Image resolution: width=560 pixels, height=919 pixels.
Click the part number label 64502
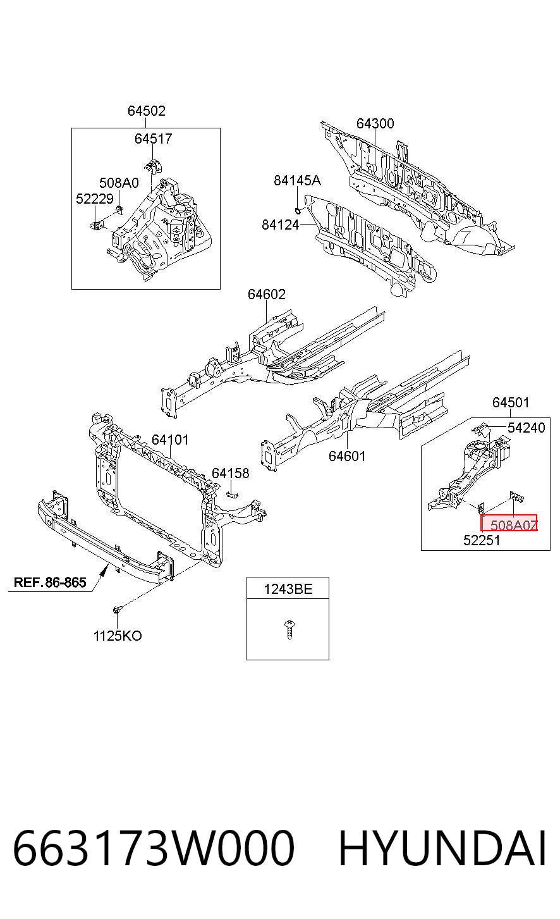[x=147, y=111]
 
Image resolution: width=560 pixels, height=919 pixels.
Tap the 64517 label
[x=154, y=139]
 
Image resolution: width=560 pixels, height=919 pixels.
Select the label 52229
[x=95, y=199]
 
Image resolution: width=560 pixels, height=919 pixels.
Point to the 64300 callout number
[x=375, y=123]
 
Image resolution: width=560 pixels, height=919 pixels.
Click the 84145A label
[x=297, y=180]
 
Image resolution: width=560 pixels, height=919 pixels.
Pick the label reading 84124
[x=281, y=225]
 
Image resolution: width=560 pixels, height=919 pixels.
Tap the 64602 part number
[x=267, y=294]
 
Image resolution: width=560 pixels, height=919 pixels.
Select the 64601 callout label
[x=347, y=456]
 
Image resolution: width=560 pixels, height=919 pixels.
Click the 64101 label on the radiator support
[x=170, y=440]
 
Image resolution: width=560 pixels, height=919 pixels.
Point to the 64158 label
[x=231, y=474]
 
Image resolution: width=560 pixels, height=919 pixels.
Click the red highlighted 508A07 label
[x=509, y=523]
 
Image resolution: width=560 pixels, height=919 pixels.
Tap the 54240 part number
[x=527, y=428]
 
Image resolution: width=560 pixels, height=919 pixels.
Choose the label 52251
[x=482, y=540]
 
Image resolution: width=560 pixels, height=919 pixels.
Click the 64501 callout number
[x=511, y=402]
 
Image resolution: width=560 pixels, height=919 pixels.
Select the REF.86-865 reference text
[x=50, y=582]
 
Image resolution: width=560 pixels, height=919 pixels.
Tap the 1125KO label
[x=118, y=636]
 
